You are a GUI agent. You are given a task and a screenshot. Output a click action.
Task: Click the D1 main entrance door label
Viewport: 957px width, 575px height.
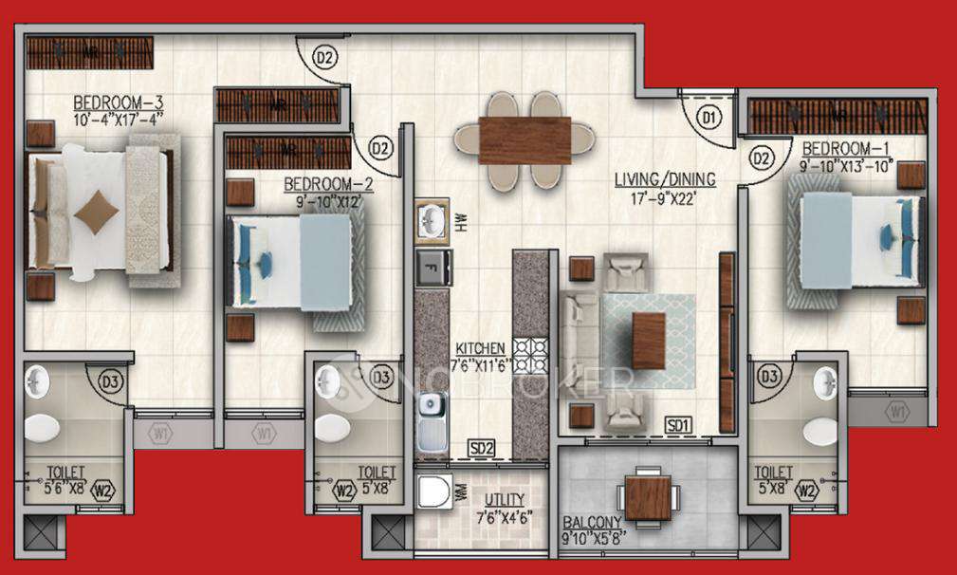pyautogui.click(x=708, y=119)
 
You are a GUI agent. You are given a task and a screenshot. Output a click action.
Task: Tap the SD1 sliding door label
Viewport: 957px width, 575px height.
pyautogui.click(x=677, y=424)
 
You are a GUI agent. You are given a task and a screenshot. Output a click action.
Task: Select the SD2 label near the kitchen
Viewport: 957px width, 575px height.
pyautogui.click(x=481, y=447)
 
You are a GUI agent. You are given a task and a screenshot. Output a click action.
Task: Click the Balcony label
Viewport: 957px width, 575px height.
pyautogui.click(x=592, y=523)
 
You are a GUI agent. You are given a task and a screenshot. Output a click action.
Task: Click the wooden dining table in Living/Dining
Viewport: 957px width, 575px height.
pyautogui.click(x=525, y=140)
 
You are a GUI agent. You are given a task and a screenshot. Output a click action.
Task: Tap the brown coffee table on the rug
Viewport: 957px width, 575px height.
pyautogui.click(x=649, y=340)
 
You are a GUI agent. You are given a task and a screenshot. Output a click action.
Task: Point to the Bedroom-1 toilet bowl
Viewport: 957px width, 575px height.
pyautogui.click(x=819, y=431)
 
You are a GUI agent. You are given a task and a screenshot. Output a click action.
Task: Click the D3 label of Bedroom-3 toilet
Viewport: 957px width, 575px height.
pyautogui.click(x=111, y=383)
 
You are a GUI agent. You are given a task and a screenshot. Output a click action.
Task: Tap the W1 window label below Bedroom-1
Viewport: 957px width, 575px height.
pyautogui.click(x=896, y=412)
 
